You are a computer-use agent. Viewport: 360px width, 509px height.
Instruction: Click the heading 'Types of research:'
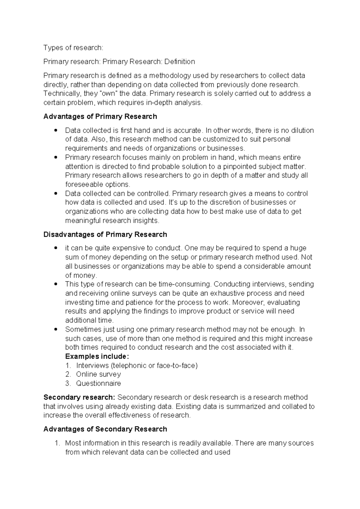pos(73,48)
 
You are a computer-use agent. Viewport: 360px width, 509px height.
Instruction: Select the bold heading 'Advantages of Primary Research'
pos(100,116)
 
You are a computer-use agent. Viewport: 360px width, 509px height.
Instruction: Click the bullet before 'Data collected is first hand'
pos(56,131)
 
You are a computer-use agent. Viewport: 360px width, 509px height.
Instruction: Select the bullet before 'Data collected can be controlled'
pos(56,194)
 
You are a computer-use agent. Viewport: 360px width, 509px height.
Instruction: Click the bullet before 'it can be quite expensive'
pos(56,248)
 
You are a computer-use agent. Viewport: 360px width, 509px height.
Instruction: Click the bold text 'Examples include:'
pos(97,356)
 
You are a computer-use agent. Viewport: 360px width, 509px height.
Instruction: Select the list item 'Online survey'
pos(98,374)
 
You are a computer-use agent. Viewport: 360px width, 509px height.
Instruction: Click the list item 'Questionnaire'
pos(98,383)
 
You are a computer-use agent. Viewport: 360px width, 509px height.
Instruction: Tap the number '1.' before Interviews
pos(68,366)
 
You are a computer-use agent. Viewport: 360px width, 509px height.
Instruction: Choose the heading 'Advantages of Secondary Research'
pos(105,429)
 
